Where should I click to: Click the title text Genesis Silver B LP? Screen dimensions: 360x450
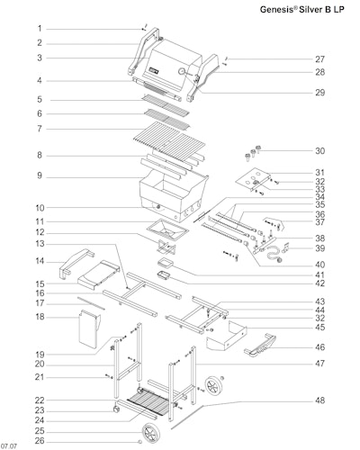pos(301,9)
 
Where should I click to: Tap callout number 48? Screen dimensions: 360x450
pos(319,400)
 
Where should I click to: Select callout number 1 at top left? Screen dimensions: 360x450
pos(40,29)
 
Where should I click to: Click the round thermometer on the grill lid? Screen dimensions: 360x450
pos(182,71)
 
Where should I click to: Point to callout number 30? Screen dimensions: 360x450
pos(319,150)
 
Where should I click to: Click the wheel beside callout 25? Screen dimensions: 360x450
pos(151,433)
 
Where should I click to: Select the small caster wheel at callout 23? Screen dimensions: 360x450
pos(115,409)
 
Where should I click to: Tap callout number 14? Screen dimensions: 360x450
pos(40,261)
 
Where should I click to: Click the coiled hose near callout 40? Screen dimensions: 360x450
pos(274,254)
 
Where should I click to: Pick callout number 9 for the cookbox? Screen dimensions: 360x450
pos(40,175)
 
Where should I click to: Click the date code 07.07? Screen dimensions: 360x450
pos(8,446)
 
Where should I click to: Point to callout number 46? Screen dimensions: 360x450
pos(319,347)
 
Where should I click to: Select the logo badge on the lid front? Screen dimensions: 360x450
pos(154,71)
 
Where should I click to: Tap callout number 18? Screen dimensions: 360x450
pos(40,317)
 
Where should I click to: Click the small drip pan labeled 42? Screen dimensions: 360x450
pos(164,274)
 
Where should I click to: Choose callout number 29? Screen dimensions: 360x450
pos(319,92)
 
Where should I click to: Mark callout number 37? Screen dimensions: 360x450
pos(319,222)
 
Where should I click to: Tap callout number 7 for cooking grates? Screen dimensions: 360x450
pos(40,129)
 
